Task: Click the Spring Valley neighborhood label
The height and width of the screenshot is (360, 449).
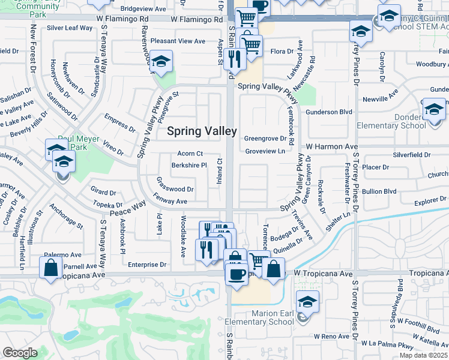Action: [201, 131]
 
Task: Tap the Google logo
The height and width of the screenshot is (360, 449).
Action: [20, 353]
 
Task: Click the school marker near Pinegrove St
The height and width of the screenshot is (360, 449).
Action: [161, 61]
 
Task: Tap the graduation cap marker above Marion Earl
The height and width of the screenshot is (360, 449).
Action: [307, 302]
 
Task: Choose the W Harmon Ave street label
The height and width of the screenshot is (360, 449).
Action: [331, 146]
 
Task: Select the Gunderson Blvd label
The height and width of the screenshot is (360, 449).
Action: [328, 112]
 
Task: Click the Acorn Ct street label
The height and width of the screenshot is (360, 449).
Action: [190, 154]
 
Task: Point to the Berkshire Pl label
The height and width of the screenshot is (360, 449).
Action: [189, 165]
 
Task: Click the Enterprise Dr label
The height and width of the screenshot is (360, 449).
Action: [146, 264]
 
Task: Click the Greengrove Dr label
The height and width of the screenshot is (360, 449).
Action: [265, 138]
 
